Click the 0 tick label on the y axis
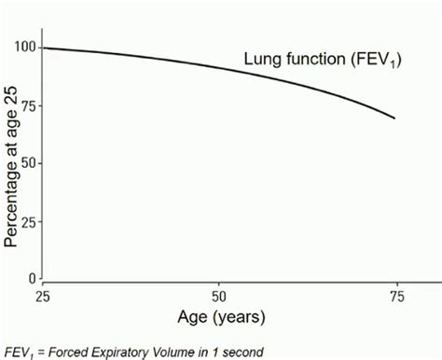[x=32, y=279]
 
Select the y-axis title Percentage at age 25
[x=10, y=165]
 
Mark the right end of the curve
[x=394, y=118]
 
